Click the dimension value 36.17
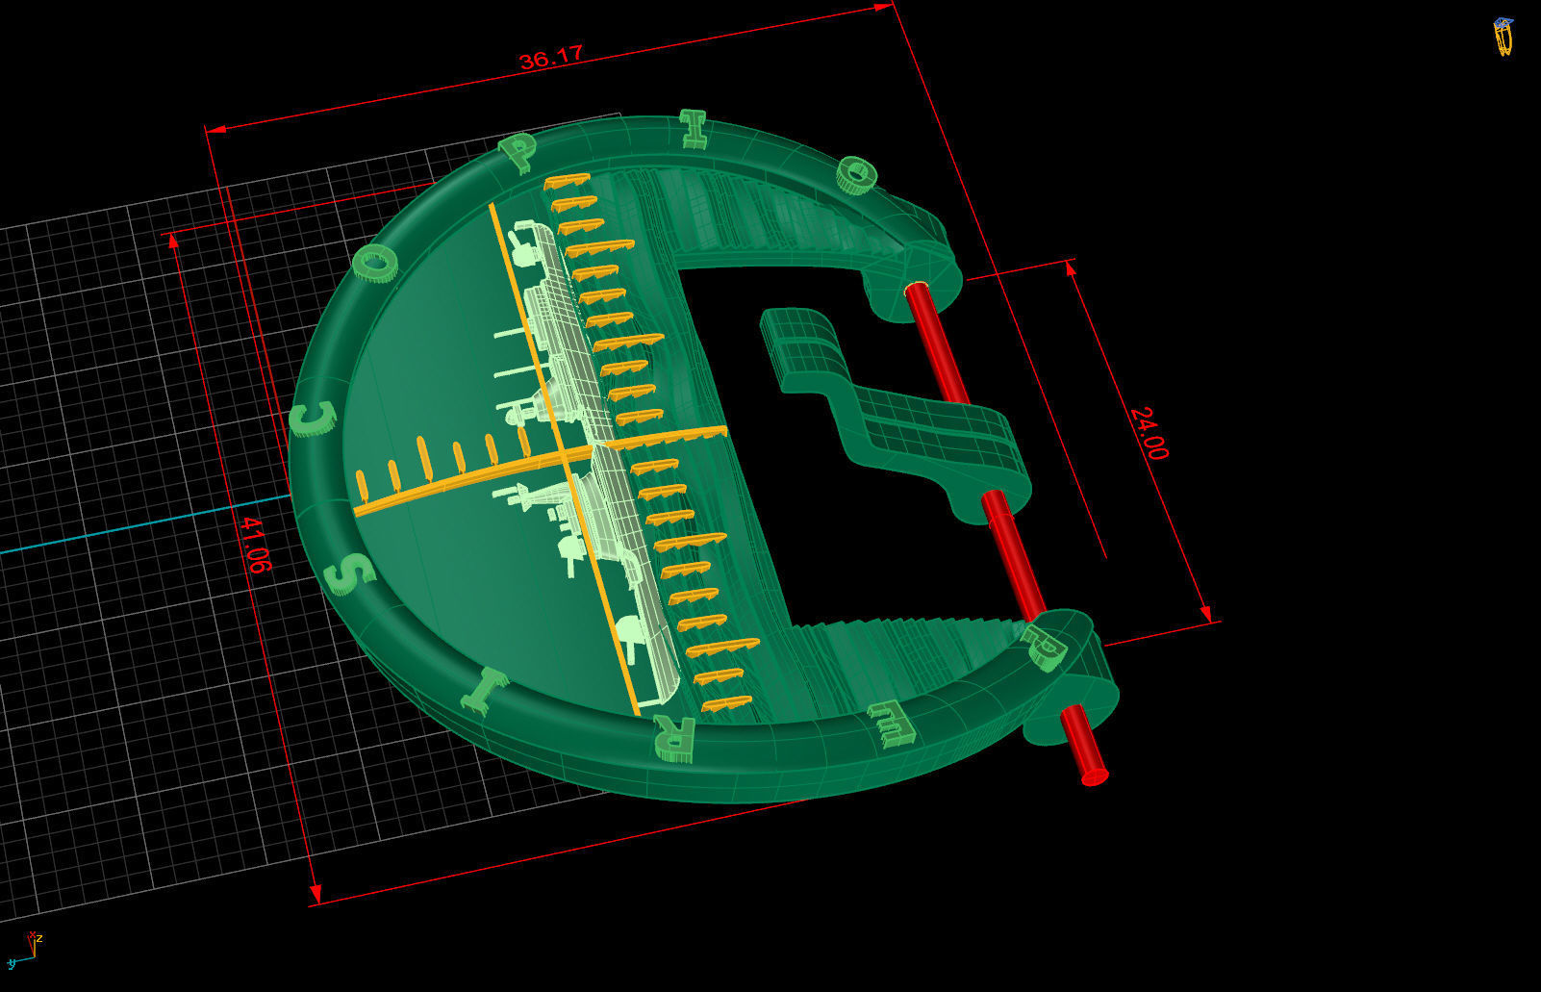click(x=550, y=58)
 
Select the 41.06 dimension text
click(x=252, y=545)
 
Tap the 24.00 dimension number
click(x=1149, y=433)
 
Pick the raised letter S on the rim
click(x=349, y=574)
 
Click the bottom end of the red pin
click(x=1094, y=774)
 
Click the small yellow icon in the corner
click(x=1503, y=37)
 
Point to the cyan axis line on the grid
click(x=144, y=525)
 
